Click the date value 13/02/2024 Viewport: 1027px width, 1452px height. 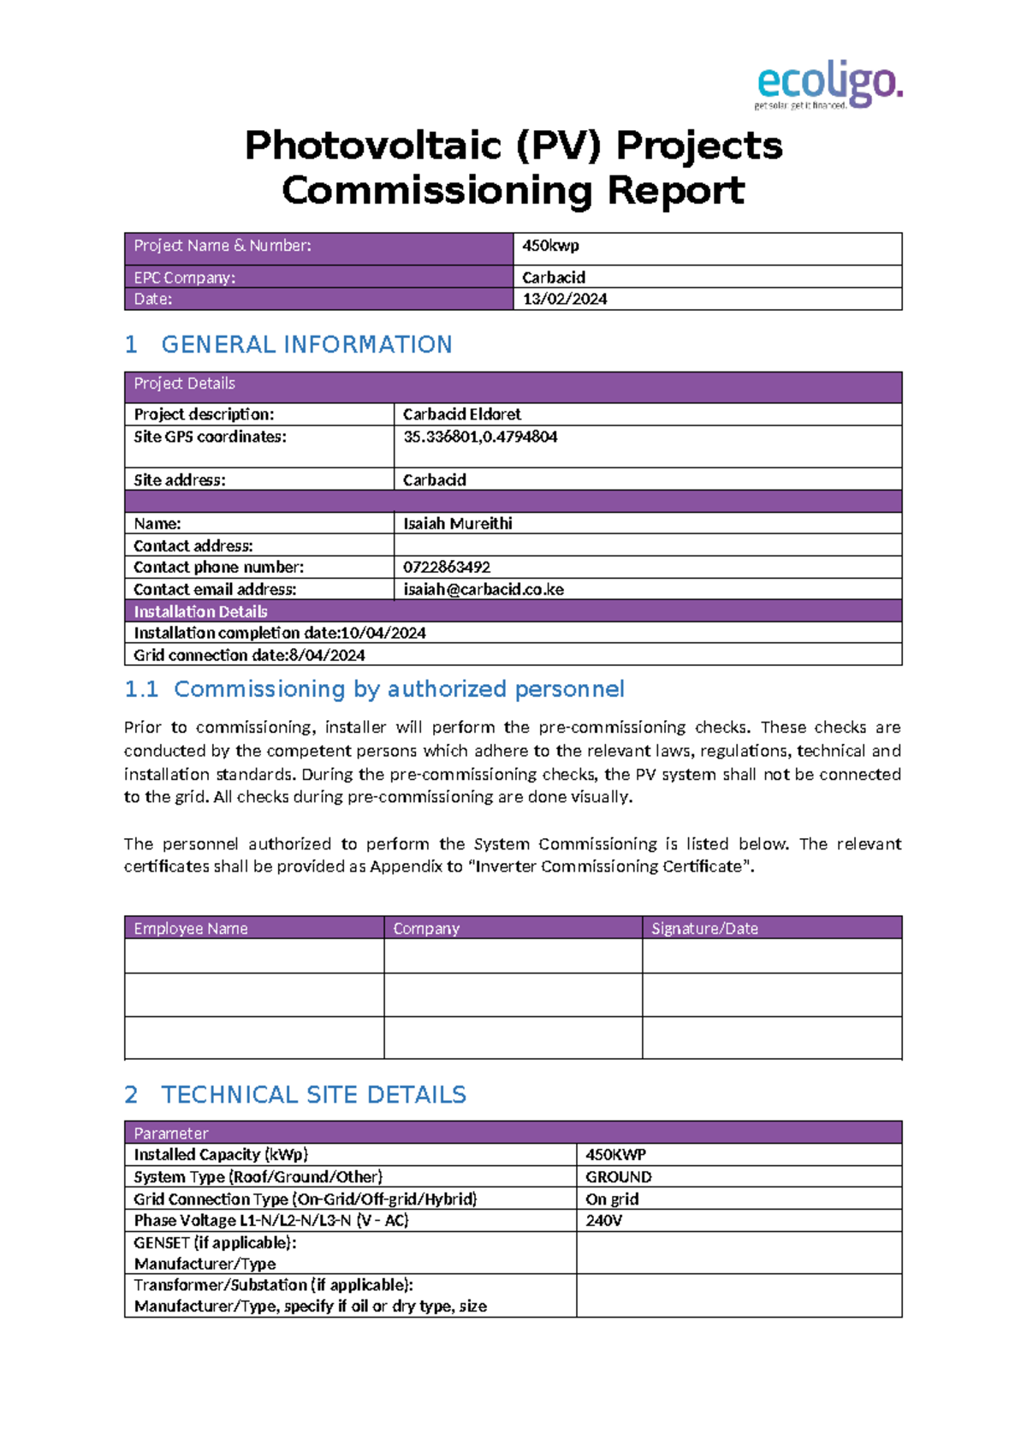565,299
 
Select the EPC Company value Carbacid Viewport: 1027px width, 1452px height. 554,277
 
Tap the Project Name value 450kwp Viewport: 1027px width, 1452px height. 550,246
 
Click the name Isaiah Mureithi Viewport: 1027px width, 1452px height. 458,523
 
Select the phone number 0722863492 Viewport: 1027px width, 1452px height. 447,567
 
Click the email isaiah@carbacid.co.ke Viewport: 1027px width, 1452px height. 484,589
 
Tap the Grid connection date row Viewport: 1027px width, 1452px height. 249,655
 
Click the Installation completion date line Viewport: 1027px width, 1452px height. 280,633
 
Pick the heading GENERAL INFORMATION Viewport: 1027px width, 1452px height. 306,344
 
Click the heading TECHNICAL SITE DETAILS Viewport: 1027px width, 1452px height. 313,1094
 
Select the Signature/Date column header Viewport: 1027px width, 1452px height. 704,928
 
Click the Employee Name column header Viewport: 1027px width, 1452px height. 191,928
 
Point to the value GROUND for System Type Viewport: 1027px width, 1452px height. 619,1177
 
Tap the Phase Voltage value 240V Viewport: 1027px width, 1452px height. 603,1220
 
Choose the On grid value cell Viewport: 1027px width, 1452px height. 612,1199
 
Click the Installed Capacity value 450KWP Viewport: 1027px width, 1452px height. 615,1155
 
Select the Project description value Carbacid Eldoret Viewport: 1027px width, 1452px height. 462,414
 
